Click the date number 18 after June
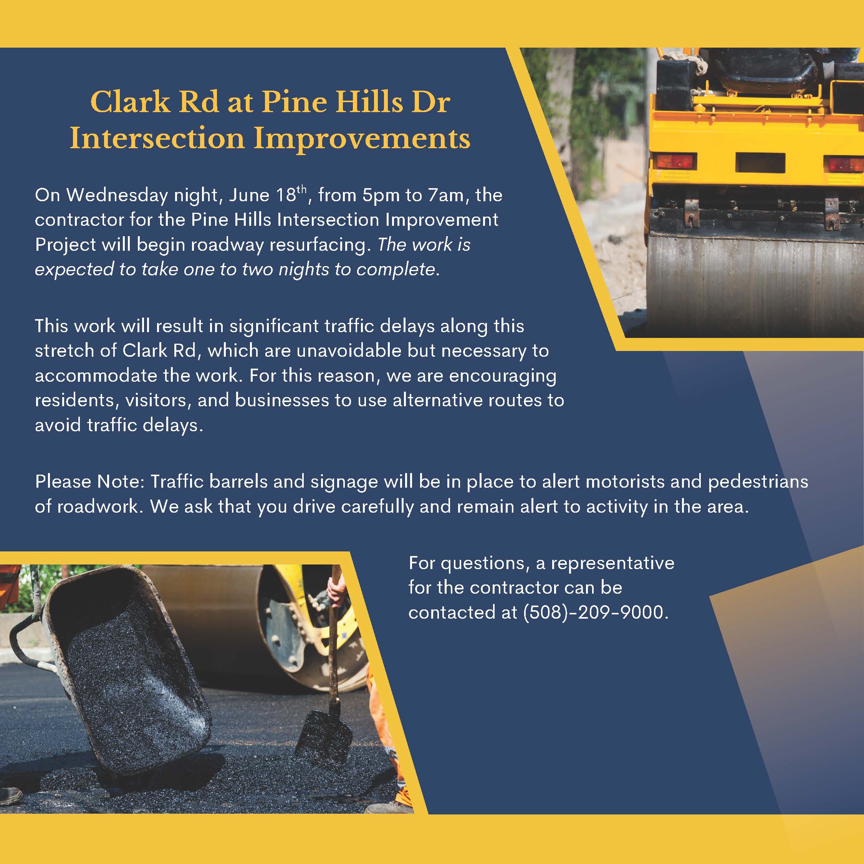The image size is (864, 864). [x=286, y=195]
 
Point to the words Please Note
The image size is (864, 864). [x=89, y=482]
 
